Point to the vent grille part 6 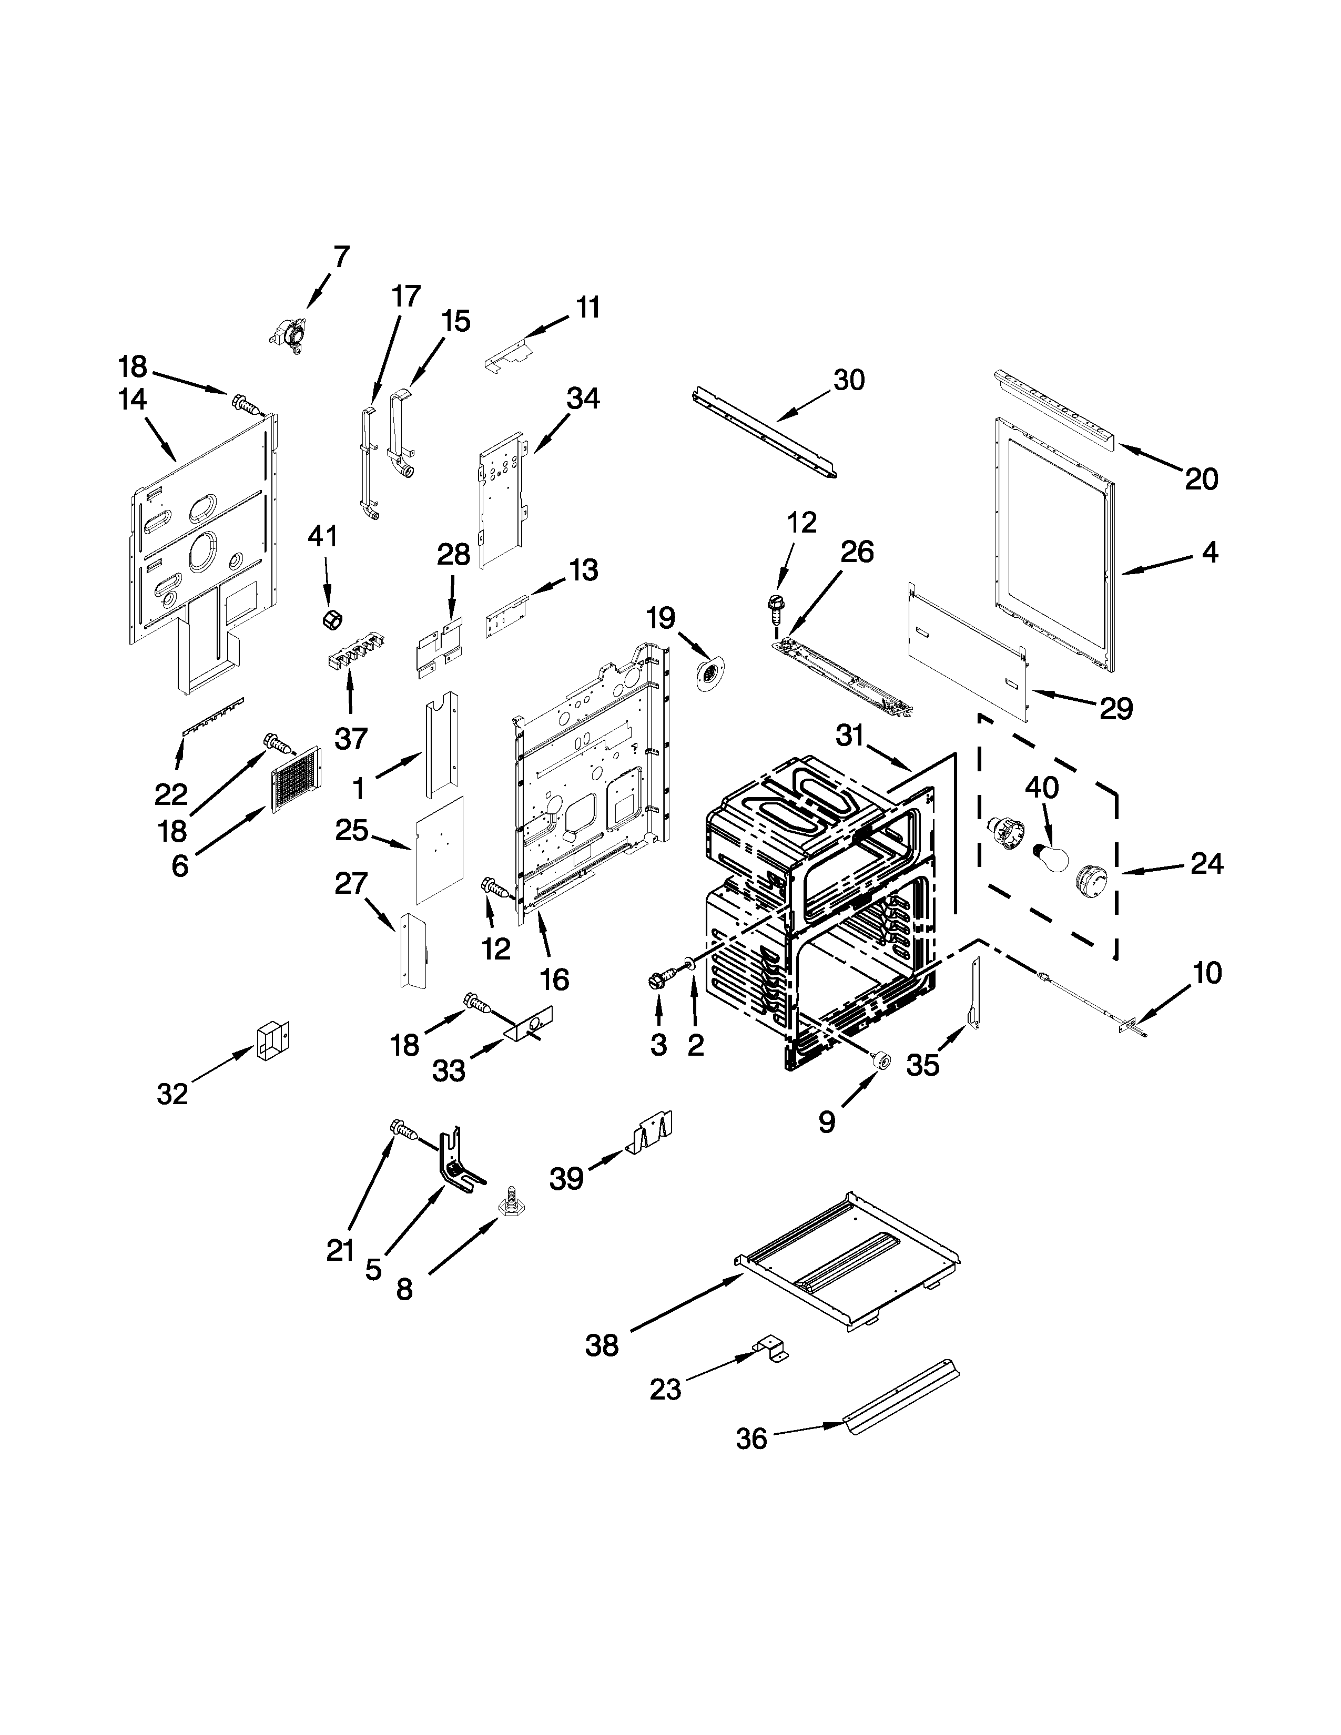pyautogui.click(x=296, y=779)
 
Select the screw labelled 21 pyautogui.click(x=403, y=1130)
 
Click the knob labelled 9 pyautogui.click(x=879, y=1059)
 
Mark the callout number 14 pyautogui.click(x=133, y=400)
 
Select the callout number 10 pyautogui.click(x=1207, y=973)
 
